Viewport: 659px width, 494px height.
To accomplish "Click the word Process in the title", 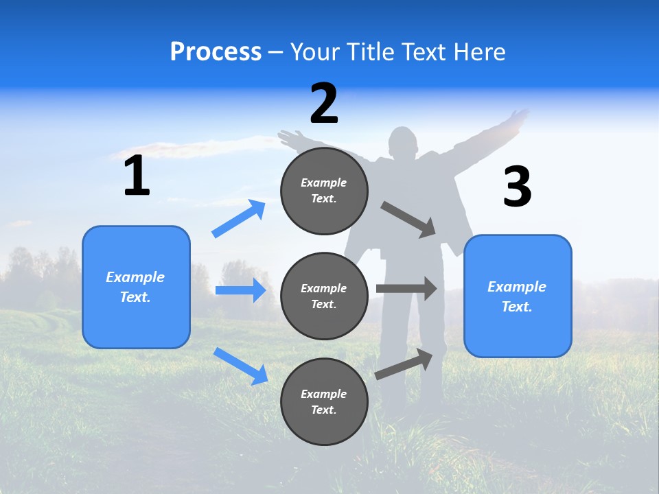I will click(x=216, y=51).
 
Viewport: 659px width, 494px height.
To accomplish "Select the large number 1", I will click(x=137, y=176).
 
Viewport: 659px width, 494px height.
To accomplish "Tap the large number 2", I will click(x=324, y=104).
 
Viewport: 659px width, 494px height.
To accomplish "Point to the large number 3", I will click(x=517, y=187).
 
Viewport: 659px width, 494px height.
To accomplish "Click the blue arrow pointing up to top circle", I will click(x=239, y=219).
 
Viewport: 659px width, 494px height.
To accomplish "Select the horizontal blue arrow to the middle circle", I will click(x=240, y=290).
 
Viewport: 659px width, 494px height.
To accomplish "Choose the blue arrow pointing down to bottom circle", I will click(x=240, y=365).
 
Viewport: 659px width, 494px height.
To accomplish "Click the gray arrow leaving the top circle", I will click(x=408, y=219).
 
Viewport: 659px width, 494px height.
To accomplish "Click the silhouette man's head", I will click(x=404, y=143).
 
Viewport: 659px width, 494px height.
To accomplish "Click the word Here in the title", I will click(x=482, y=51).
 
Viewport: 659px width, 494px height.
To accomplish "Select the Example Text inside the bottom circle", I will click(x=324, y=402).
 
